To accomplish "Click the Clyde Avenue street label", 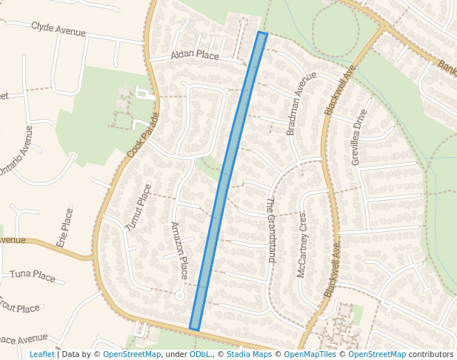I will coord(59,30).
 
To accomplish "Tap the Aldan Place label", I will coord(195,56).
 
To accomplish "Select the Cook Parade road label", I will coord(143,135).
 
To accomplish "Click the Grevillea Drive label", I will coord(359,138).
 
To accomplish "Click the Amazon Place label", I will coord(181,249).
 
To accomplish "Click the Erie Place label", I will coord(65,227).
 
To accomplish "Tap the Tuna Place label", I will coord(33,276).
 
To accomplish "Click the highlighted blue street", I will coord(228,181).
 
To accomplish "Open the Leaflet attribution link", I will coord(41,354).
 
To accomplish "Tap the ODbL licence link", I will coord(200,354).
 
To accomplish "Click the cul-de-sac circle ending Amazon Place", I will coord(179,296).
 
